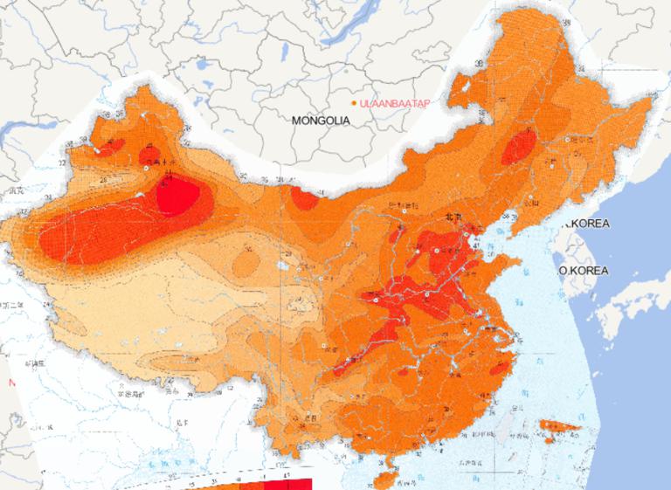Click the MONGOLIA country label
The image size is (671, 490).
click(321, 121)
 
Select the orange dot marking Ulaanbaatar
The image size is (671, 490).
click(354, 103)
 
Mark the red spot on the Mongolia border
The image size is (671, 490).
click(305, 199)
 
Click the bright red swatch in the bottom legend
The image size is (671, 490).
click(288, 484)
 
